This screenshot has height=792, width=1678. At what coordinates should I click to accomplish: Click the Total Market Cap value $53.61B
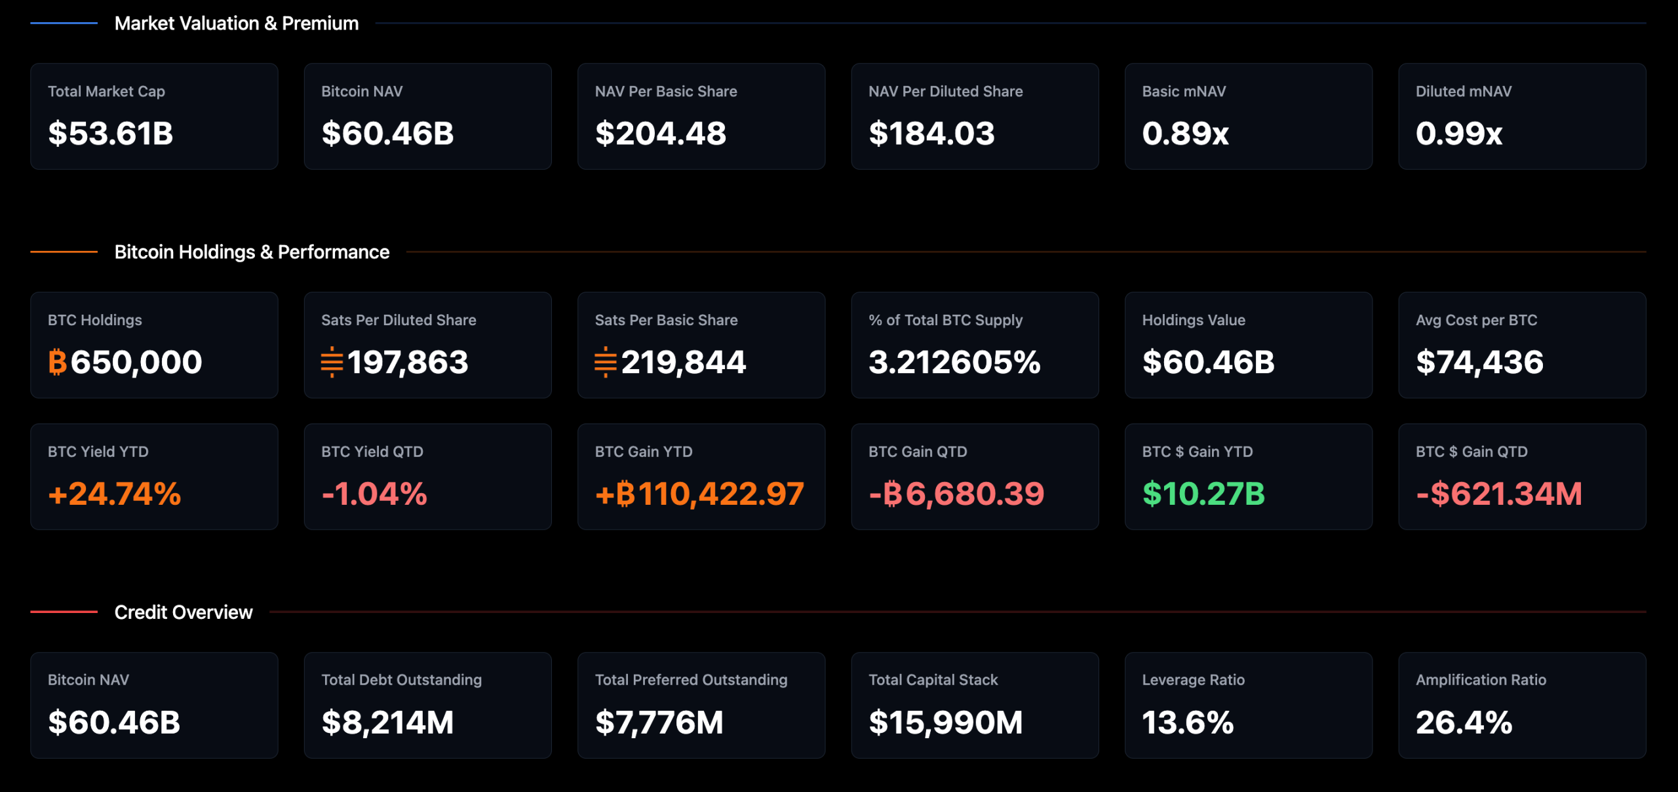[x=110, y=134]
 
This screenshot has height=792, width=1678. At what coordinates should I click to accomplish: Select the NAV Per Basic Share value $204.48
[x=661, y=134]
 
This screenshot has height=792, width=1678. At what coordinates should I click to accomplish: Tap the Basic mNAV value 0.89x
[x=1185, y=134]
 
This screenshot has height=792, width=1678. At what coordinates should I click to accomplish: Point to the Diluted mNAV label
[x=1463, y=92]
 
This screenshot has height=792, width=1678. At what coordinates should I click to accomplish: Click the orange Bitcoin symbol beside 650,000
[x=58, y=362]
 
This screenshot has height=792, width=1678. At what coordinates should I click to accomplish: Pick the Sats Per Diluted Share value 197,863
[x=408, y=362]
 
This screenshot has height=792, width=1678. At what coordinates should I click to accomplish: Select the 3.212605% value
[x=954, y=362]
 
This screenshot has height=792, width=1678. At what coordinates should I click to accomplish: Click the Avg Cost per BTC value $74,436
[x=1479, y=362]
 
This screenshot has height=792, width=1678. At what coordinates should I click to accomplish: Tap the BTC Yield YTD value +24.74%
[x=115, y=494]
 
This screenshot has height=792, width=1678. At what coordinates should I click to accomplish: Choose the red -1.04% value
[x=374, y=494]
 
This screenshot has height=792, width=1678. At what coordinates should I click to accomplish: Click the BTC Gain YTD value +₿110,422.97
[x=699, y=494]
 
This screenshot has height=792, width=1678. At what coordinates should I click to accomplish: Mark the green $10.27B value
[x=1203, y=494]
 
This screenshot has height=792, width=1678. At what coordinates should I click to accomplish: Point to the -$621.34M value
[x=1499, y=494]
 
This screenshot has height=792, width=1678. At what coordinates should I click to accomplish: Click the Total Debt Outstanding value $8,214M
[x=387, y=723]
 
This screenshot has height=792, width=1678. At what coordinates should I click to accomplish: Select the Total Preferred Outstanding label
[x=691, y=680]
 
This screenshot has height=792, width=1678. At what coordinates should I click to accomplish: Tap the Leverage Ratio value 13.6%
[x=1188, y=723]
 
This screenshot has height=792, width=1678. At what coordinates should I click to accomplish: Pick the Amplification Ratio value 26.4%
[x=1464, y=723]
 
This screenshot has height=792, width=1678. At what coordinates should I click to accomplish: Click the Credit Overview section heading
[x=184, y=612]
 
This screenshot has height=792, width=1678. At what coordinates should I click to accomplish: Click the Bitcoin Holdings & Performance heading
[x=252, y=252]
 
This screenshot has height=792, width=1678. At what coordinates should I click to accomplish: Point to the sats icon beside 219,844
[x=606, y=362]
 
